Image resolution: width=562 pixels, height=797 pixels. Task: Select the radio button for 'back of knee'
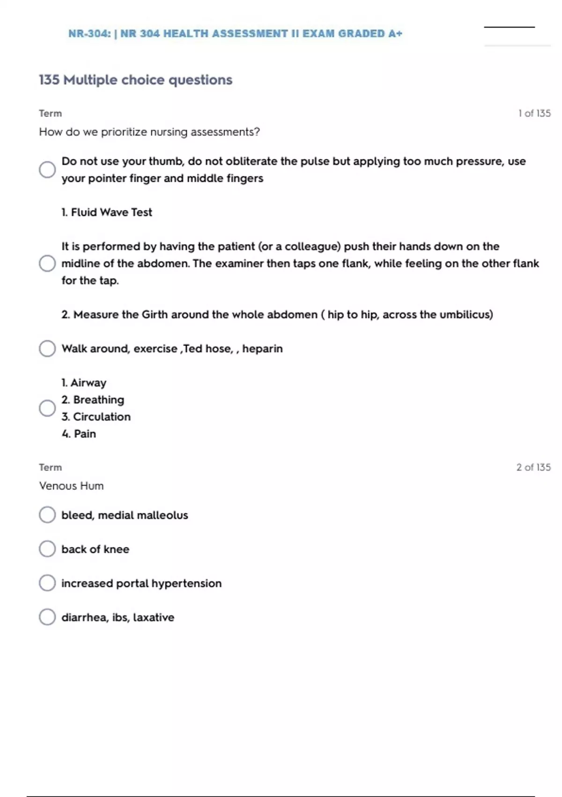click(47, 549)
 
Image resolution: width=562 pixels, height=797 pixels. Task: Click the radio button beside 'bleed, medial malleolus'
click(47, 514)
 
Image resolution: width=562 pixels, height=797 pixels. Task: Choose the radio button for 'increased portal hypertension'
click(47, 583)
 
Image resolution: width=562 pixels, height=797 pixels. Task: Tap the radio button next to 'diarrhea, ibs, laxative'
click(47, 617)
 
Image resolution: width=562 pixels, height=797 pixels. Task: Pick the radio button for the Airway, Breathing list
click(47, 408)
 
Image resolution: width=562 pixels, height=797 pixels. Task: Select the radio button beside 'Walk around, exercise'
click(47, 348)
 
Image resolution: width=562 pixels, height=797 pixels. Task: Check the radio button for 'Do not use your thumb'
click(47, 169)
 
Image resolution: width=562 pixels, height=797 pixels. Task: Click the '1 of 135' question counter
click(534, 113)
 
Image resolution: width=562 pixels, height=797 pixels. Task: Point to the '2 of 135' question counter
click(533, 467)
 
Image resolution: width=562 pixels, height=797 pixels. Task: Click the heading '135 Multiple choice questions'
click(135, 80)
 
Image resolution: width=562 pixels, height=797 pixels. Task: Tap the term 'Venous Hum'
click(71, 486)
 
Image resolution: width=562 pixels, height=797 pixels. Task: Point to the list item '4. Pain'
click(79, 434)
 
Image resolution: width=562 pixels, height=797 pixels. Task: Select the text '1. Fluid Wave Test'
click(107, 212)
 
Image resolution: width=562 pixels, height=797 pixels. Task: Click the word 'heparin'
click(262, 349)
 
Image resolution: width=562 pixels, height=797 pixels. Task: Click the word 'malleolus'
click(162, 515)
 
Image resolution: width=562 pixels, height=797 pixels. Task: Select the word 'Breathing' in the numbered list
click(98, 400)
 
